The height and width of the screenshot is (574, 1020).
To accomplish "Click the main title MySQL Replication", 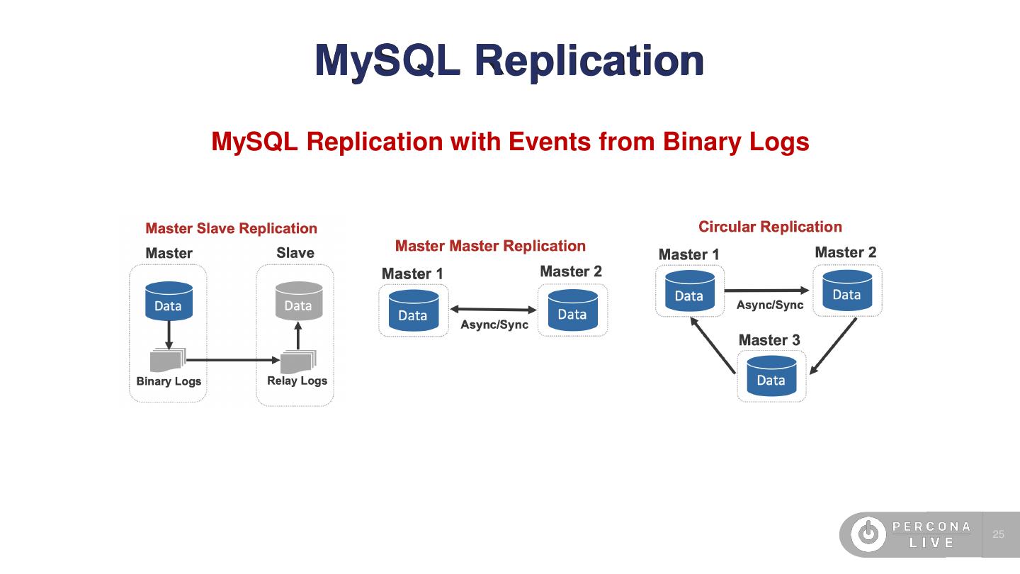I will (509, 61).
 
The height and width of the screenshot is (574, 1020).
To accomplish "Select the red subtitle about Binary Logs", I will (510, 142).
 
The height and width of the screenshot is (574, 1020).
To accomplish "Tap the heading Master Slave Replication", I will (231, 228).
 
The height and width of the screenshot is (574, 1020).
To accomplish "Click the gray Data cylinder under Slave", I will (298, 301).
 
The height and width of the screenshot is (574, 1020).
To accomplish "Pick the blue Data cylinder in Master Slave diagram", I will (169, 301).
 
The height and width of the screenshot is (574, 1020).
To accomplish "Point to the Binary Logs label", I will (169, 381).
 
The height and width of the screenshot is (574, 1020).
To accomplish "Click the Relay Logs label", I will (297, 381).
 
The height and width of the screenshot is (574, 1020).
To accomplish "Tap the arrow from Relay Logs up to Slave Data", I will (298, 336).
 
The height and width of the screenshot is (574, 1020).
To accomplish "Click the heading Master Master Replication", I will (490, 246).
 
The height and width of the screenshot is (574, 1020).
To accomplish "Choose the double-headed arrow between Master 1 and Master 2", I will (494, 309).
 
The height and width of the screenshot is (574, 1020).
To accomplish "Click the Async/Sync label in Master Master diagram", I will (494, 325).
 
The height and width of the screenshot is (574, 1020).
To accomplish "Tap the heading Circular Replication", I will (770, 227).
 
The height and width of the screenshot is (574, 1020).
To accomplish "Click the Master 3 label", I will (769, 340).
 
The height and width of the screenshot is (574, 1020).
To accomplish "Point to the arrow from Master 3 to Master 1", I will (713, 345).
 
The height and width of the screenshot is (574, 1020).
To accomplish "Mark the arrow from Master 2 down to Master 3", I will (833, 346).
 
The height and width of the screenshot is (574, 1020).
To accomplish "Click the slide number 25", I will (999, 534).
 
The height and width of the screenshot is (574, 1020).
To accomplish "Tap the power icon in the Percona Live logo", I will (868, 534).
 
